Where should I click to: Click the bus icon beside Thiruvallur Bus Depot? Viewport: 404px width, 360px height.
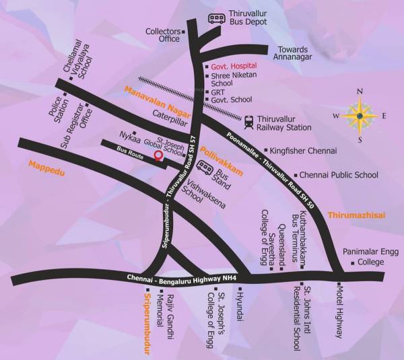(x=217, y=20)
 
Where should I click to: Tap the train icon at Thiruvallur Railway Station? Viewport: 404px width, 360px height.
(x=249, y=122)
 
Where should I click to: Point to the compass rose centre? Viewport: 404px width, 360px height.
(x=360, y=115)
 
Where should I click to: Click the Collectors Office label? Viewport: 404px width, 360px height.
(x=164, y=35)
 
